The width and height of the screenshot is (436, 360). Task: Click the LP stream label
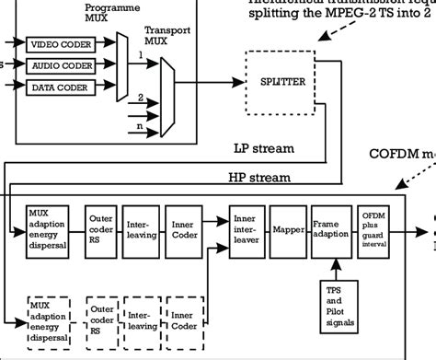click(264, 147)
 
